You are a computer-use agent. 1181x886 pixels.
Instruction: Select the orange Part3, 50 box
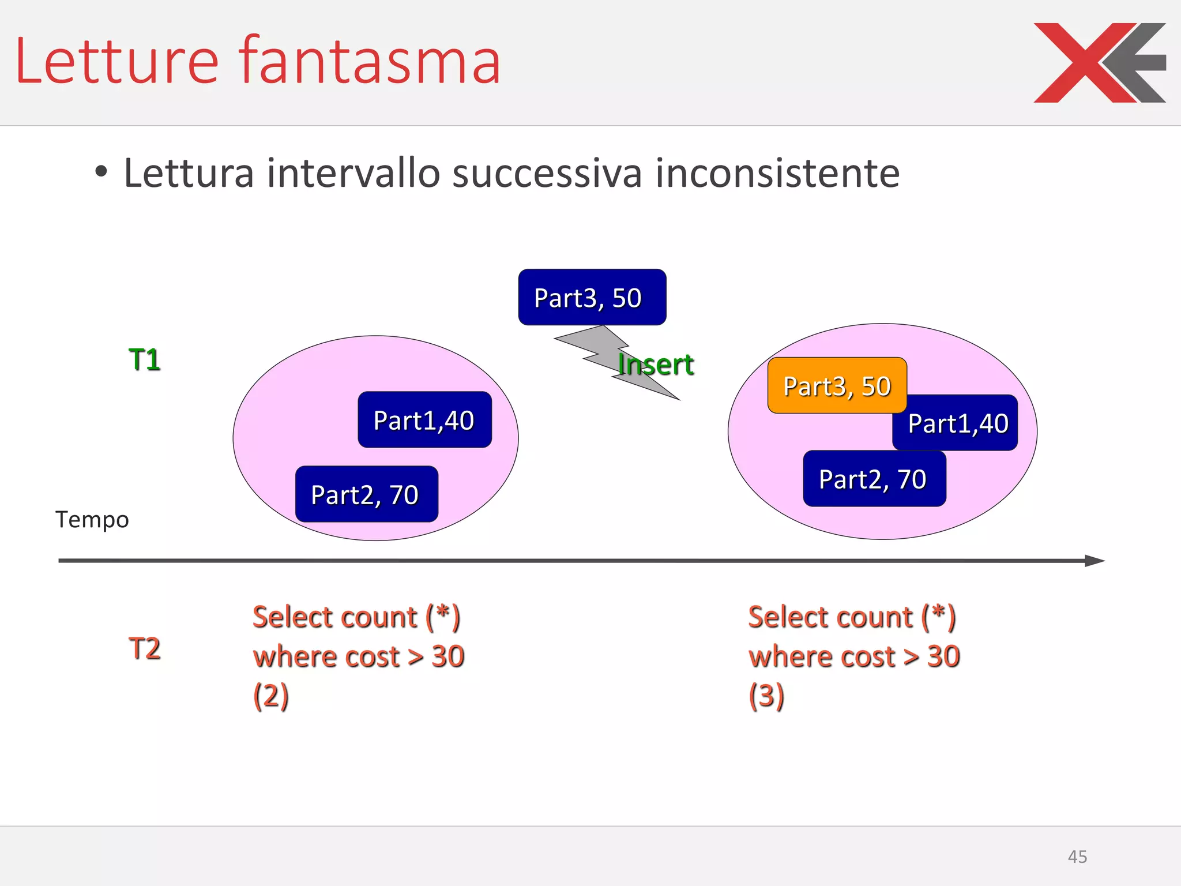point(837,385)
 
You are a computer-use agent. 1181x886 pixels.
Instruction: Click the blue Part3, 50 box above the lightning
point(592,298)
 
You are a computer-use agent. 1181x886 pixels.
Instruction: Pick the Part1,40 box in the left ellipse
point(424,420)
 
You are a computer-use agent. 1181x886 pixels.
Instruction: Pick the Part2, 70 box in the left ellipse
point(366,494)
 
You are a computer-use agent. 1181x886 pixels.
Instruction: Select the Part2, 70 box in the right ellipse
point(874,479)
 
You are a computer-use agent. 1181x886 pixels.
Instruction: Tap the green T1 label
point(144,360)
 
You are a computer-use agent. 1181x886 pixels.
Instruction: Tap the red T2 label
point(144,648)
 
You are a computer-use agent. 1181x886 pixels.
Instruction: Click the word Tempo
point(92,520)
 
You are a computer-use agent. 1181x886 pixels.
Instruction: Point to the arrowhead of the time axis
point(1094,561)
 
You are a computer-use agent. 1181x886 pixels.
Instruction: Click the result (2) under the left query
point(271,696)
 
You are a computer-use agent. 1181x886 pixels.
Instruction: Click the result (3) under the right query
point(766,696)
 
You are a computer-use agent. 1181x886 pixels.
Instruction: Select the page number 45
point(1077,857)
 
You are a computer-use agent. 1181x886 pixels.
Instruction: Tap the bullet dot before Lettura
point(101,172)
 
